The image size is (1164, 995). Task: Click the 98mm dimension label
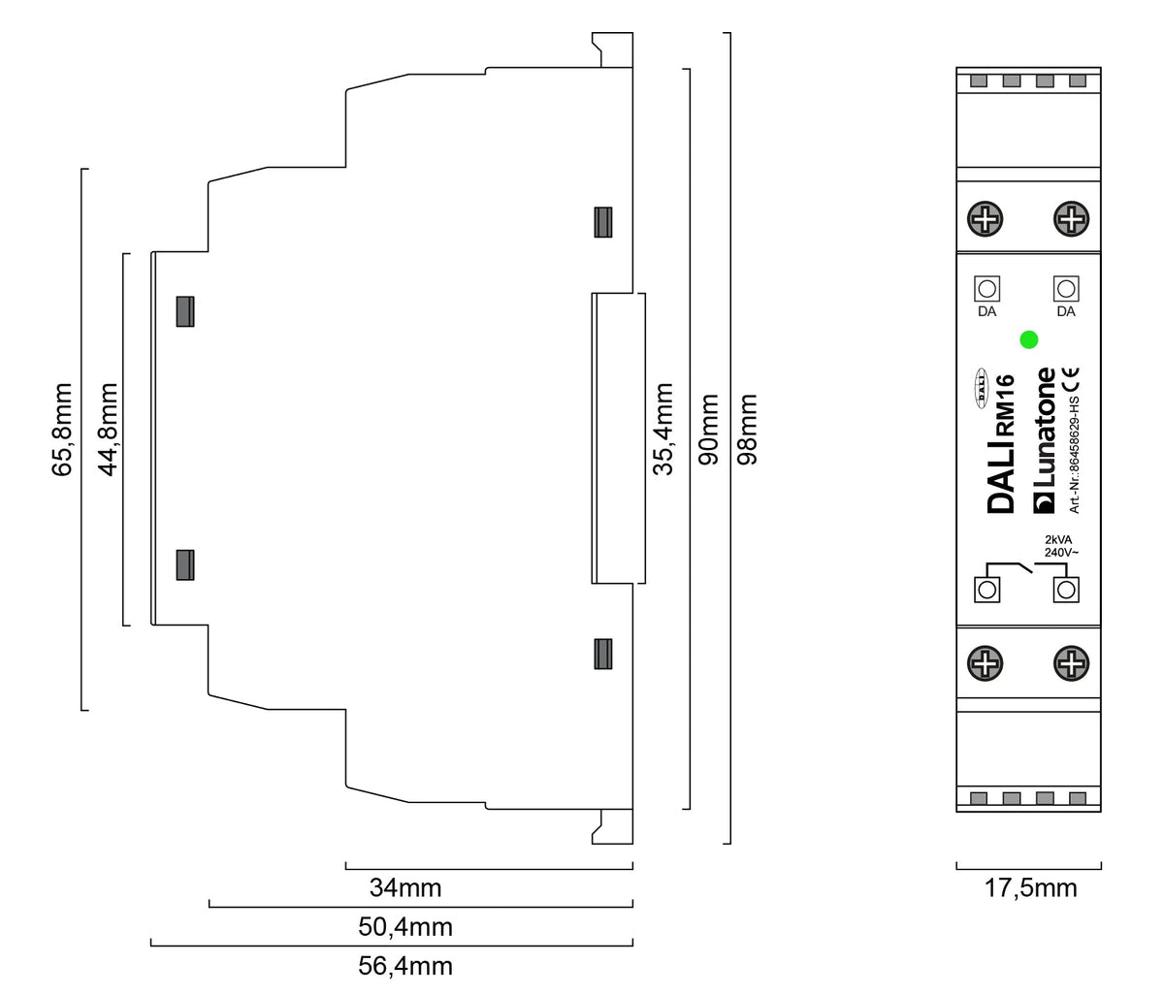coord(749,429)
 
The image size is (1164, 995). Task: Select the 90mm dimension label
coord(709,429)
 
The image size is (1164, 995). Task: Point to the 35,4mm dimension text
coord(663,429)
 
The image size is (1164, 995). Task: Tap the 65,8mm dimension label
coord(63,429)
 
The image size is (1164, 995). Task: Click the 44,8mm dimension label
coord(109,429)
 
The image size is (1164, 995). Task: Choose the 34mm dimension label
coord(405,887)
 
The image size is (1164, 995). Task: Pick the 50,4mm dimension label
coord(405,927)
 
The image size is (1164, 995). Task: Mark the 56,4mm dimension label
coord(405,966)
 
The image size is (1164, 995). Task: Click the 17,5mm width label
coord(1030,888)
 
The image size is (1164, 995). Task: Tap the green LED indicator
coord(1029,339)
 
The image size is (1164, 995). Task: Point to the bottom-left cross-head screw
coord(987,664)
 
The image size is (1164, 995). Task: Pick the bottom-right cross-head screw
coord(1070,664)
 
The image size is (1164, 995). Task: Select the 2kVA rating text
coord(1057,539)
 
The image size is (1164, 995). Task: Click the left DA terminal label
coord(987,312)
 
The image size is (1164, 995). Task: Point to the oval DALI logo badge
coord(981,388)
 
